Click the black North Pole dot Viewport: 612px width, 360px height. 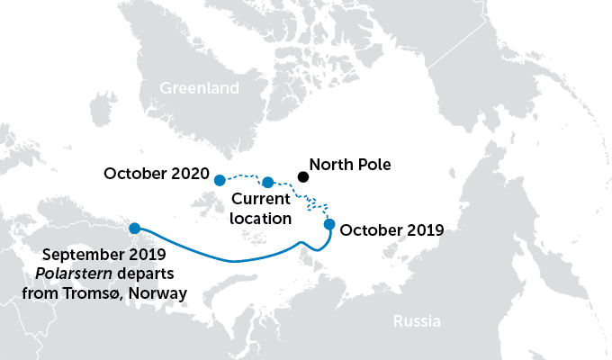tap(303, 176)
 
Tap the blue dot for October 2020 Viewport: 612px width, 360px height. tap(220, 180)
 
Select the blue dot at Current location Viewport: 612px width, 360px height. tap(267, 183)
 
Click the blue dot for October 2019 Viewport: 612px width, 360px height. tap(329, 224)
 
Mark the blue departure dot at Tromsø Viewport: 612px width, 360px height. tap(134, 228)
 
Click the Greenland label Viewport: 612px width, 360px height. tap(199, 88)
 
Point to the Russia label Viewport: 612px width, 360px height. tap(417, 320)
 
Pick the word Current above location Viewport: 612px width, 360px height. tap(261, 200)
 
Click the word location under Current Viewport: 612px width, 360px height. tap(261, 218)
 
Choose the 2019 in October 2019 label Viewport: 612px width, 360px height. tap(423, 229)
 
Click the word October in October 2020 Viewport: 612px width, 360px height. tap(136, 173)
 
